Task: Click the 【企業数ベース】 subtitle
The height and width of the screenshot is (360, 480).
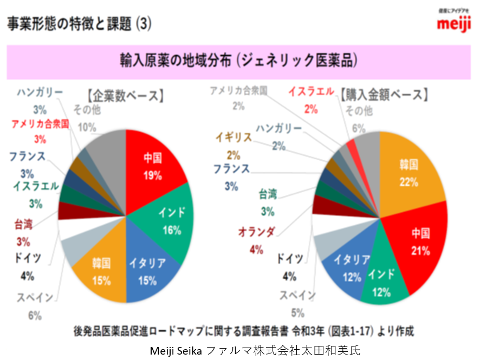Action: [x=125, y=96]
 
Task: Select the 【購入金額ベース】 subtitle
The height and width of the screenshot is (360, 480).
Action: [x=385, y=95]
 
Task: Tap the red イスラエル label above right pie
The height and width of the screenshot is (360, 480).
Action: [x=311, y=92]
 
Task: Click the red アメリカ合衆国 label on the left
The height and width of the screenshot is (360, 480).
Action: [x=40, y=124]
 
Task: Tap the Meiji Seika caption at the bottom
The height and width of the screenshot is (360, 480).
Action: [x=239, y=350]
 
